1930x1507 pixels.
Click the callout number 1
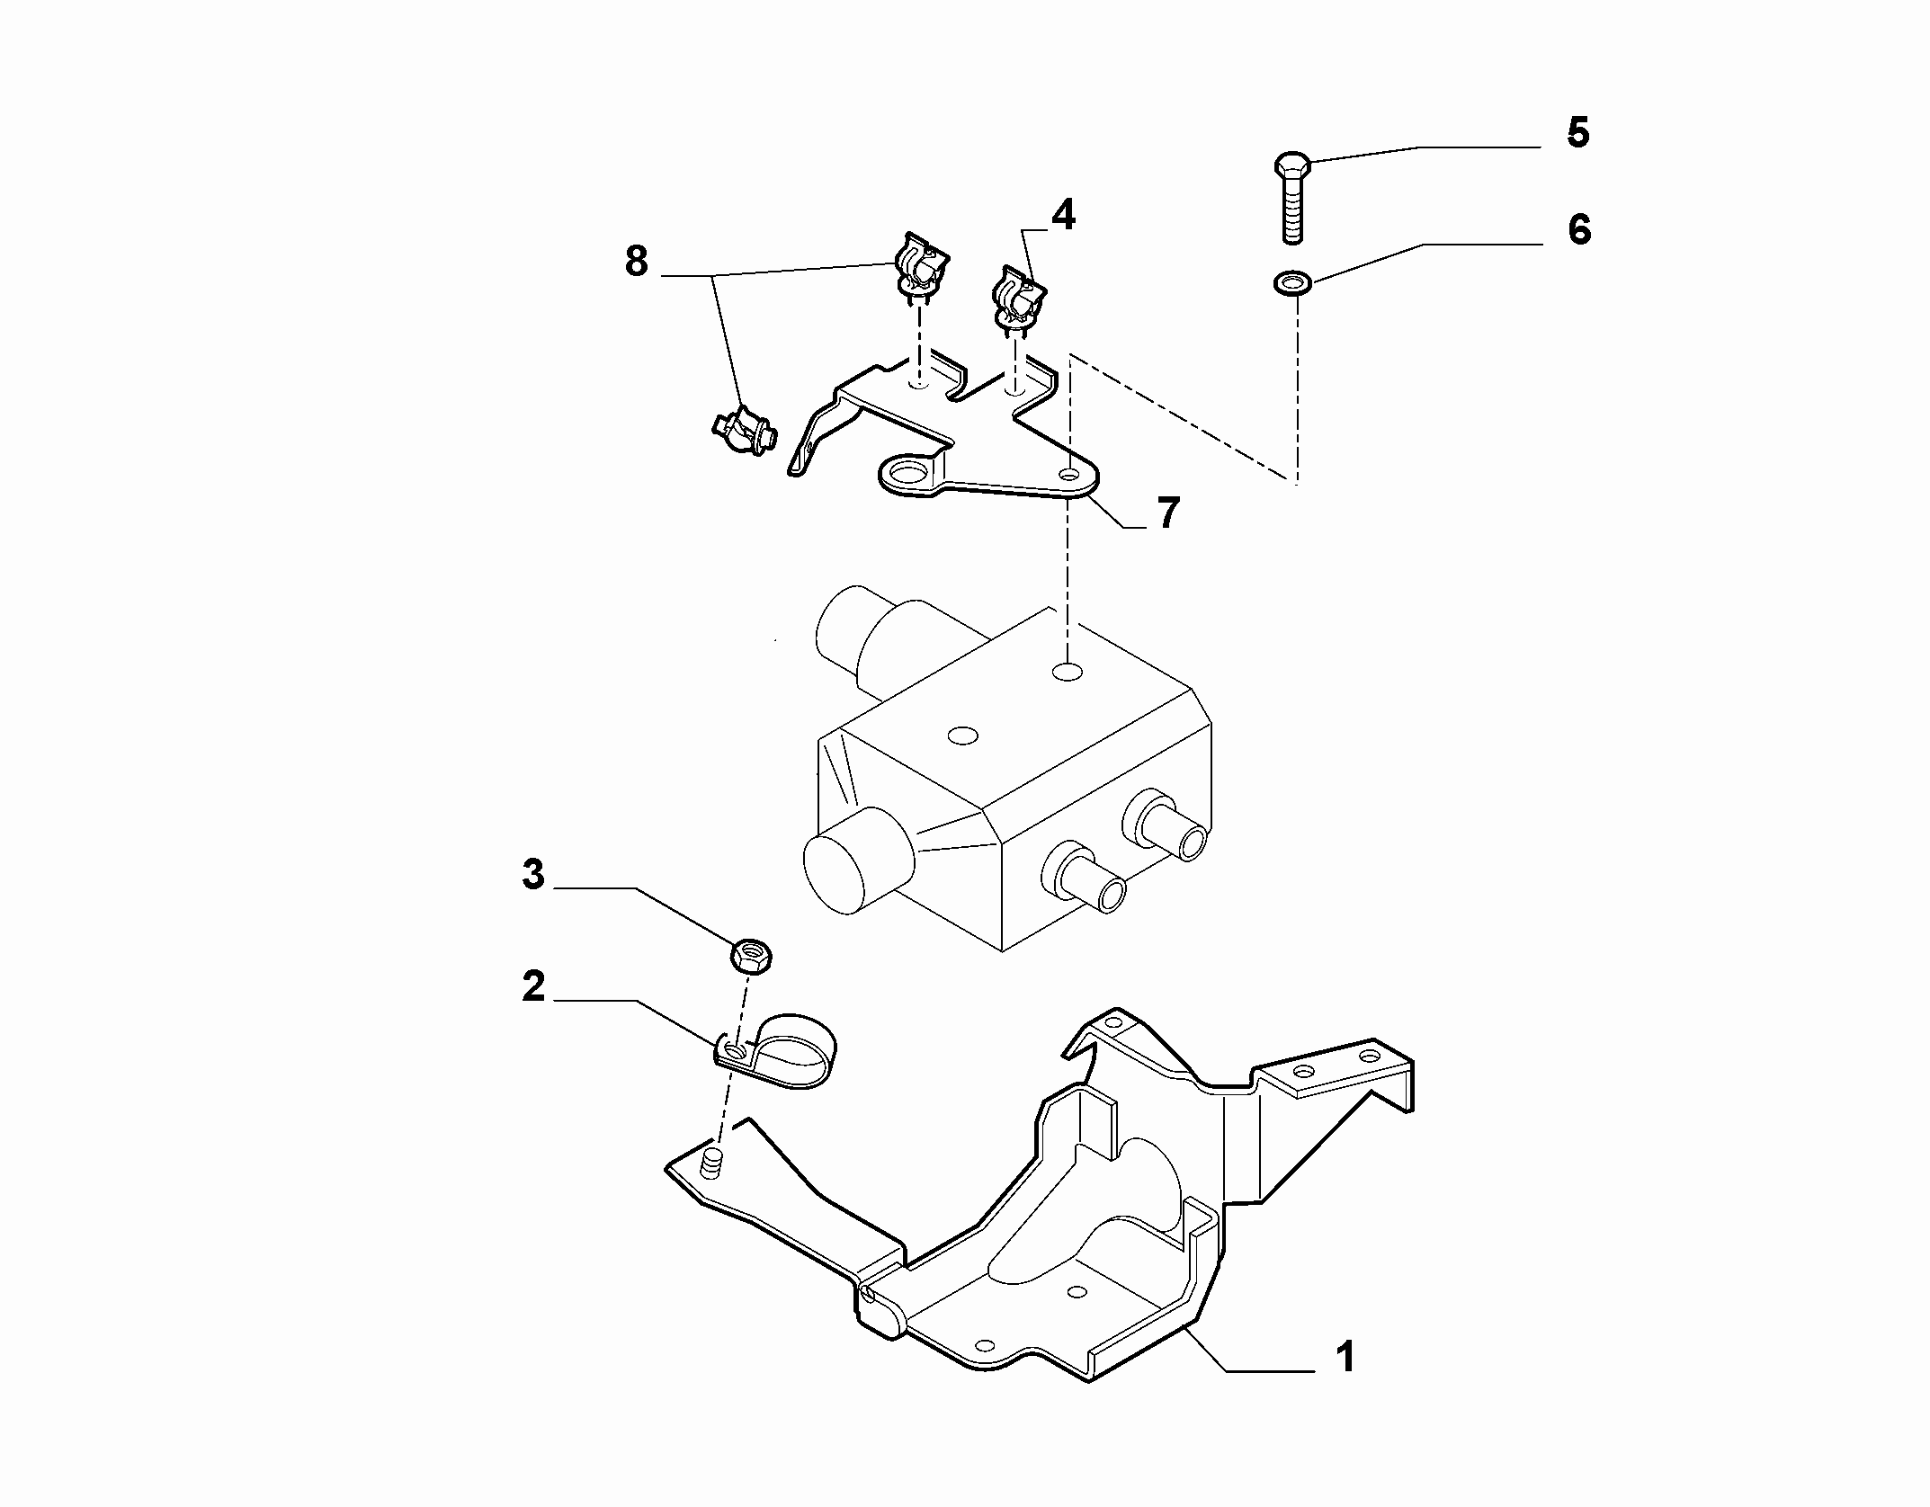pos(1345,1382)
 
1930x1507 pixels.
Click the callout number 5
pos(1578,132)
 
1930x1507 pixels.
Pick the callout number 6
pos(1579,229)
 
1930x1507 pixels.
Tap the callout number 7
pos(1167,513)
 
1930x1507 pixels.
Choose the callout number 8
pos(636,262)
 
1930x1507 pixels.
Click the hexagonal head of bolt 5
pos(1292,165)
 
